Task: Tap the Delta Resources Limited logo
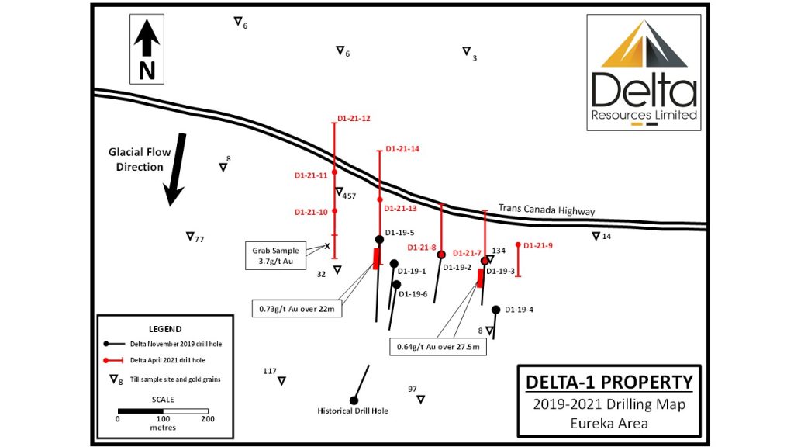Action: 644,72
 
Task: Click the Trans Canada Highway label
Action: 547,210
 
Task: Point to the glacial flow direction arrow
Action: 175,169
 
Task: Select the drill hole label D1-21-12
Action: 354,119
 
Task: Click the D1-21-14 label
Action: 402,149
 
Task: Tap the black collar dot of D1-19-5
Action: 379,239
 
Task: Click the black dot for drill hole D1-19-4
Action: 495,310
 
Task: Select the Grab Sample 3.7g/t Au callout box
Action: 275,255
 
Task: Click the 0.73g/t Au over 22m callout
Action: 297,309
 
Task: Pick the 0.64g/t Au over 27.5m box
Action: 438,347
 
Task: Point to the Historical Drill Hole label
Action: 353,411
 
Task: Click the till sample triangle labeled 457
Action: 340,192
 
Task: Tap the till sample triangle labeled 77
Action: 190,236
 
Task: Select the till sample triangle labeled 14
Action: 596,236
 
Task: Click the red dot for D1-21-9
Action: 518,245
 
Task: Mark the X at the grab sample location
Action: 327,246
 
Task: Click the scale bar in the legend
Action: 163,411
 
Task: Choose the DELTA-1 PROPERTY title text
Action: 609,382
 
